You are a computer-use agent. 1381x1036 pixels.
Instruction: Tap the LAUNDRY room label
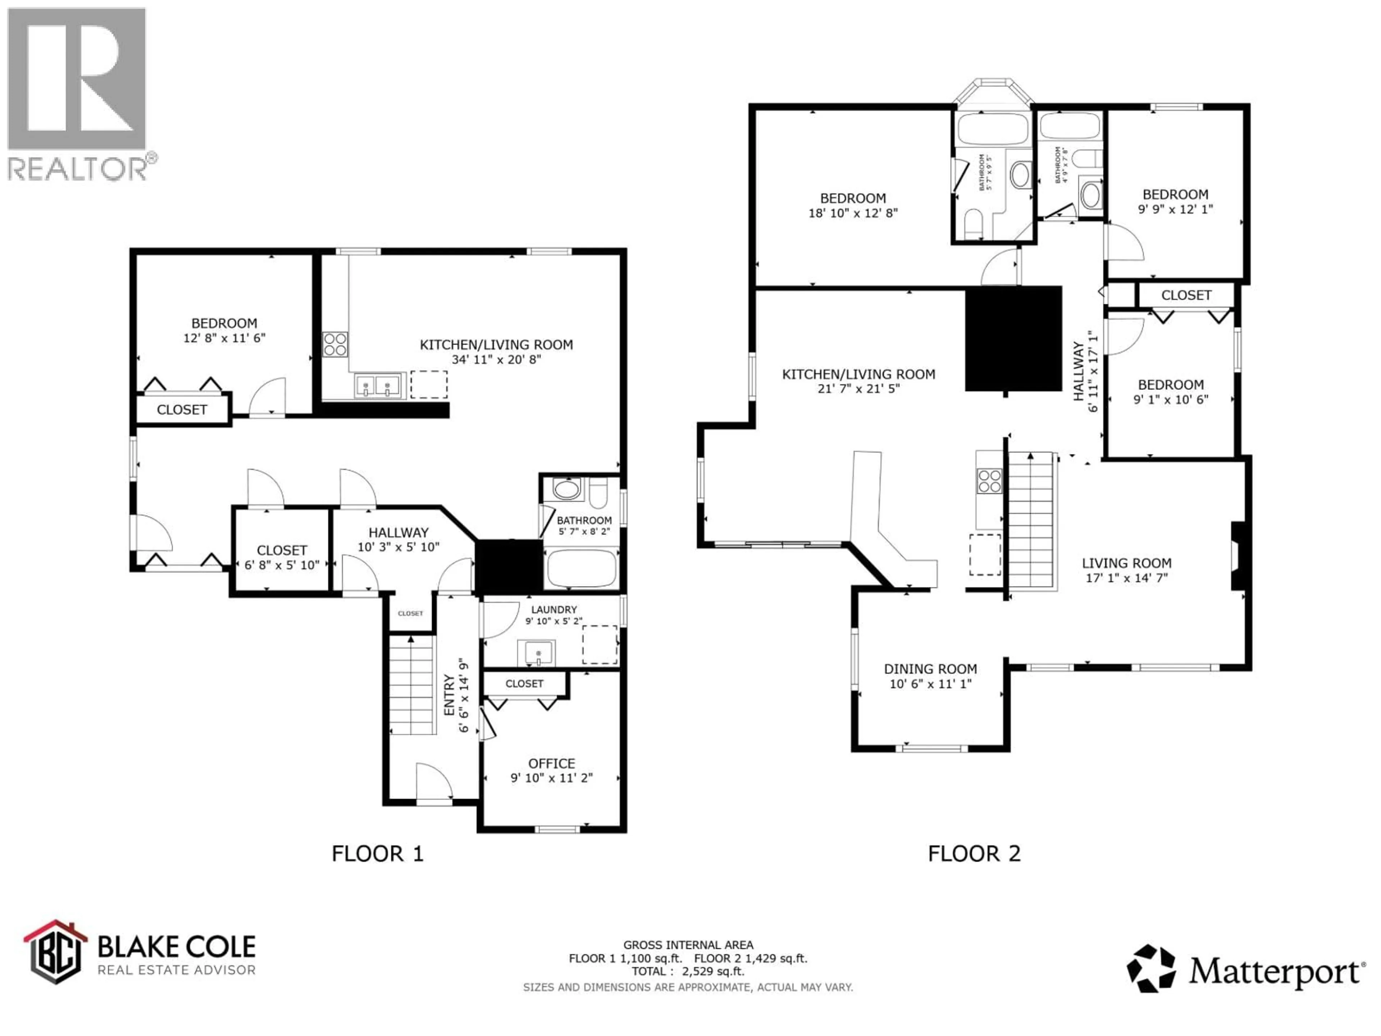[x=554, y=609]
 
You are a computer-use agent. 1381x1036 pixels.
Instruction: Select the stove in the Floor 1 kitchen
[x=335, y=344]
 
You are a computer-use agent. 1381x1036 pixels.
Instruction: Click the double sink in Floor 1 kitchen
[x=377, y=386]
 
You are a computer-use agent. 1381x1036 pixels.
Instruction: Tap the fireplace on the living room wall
[x=1238, y=556]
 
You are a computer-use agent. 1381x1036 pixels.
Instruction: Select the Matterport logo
[x=1245, y=969]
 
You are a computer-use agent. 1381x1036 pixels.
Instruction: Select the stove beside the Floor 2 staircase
[x=990, y=481]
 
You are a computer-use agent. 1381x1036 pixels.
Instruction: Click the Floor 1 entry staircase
[x=411, y=685]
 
